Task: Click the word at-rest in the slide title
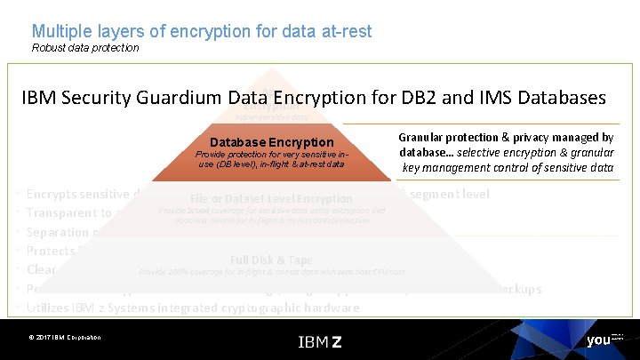[x=342, y=31]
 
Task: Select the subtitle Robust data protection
[x=85, y=48]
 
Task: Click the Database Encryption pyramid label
[x=272, y=142]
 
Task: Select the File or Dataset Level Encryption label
[x=271, y=198]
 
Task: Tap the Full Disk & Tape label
[x=270, y=260]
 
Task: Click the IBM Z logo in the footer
[x=319, y=341]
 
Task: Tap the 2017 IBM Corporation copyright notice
[x=64, y=338]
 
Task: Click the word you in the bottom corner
[x=597, y=340]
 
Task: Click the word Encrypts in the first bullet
[x=53, y=194]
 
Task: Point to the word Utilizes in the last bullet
[x=52, y=308]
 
